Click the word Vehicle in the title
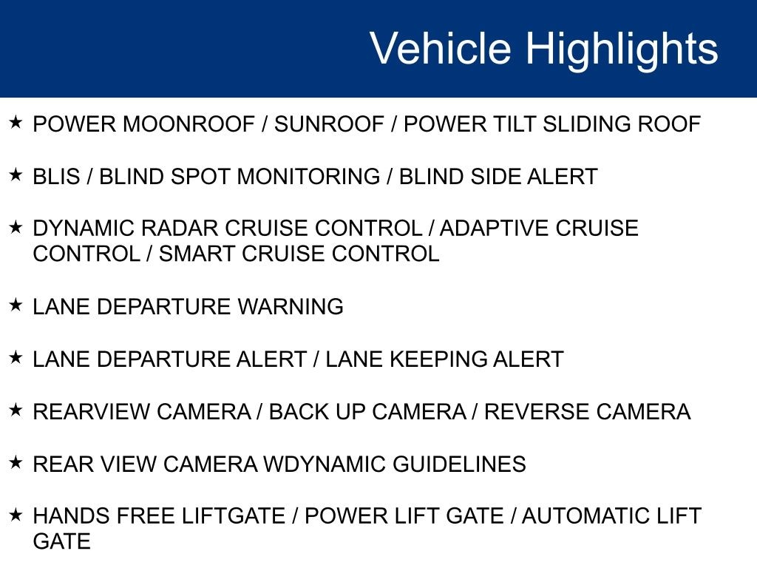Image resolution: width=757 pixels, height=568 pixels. [441, 48]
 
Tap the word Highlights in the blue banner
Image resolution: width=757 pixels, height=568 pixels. [622, 50]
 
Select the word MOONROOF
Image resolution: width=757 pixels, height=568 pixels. [189, 124]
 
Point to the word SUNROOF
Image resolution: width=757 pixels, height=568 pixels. [329, 124]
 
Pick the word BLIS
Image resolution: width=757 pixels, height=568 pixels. [56, 176]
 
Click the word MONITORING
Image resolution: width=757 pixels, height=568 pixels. [308, 176]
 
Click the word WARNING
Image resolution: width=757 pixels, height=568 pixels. [290, 307]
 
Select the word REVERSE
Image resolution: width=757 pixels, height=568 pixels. [537, 411]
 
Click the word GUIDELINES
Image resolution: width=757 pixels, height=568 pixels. [459, 464]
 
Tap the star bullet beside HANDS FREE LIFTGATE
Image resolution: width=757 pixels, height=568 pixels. [16, 515]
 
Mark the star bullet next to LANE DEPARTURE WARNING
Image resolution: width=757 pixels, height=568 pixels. [16, 305]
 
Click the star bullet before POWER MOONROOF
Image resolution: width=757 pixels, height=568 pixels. [16, 122]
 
